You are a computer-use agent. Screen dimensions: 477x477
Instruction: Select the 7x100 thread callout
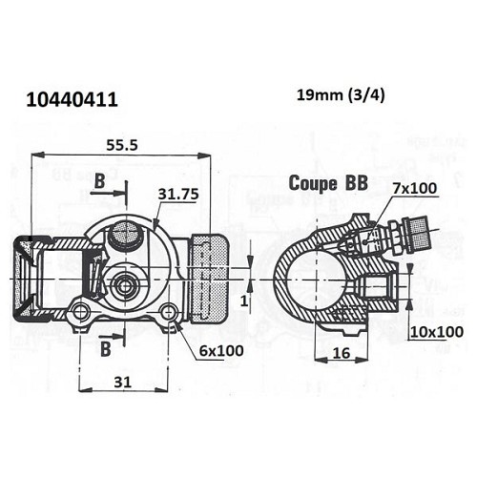coord(415,188)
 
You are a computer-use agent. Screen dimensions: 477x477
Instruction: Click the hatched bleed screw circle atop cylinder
coord(123,231)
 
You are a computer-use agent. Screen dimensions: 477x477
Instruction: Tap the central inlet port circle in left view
coord(124,283)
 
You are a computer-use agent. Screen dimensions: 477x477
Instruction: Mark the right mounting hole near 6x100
coord(169,312)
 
